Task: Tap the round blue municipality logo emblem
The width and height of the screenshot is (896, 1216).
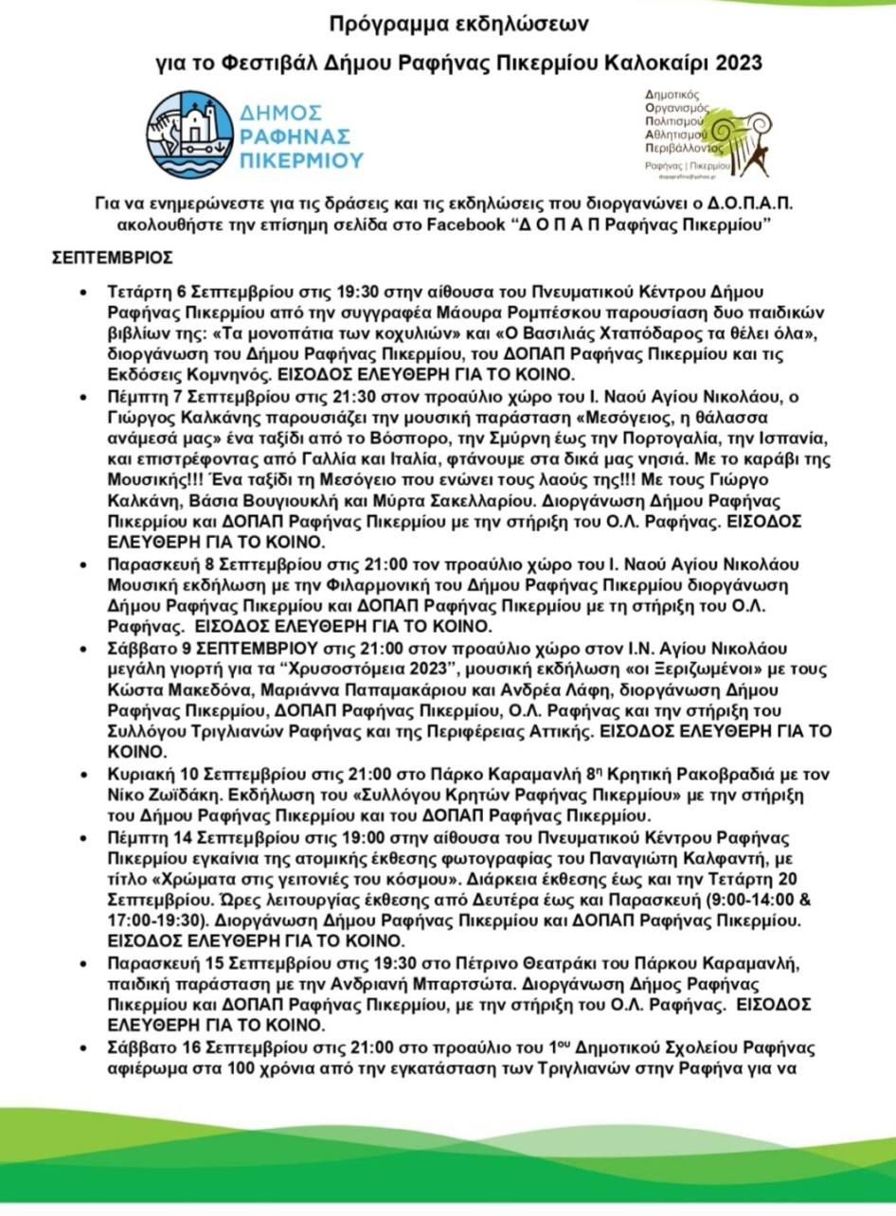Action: click(189, 134)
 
